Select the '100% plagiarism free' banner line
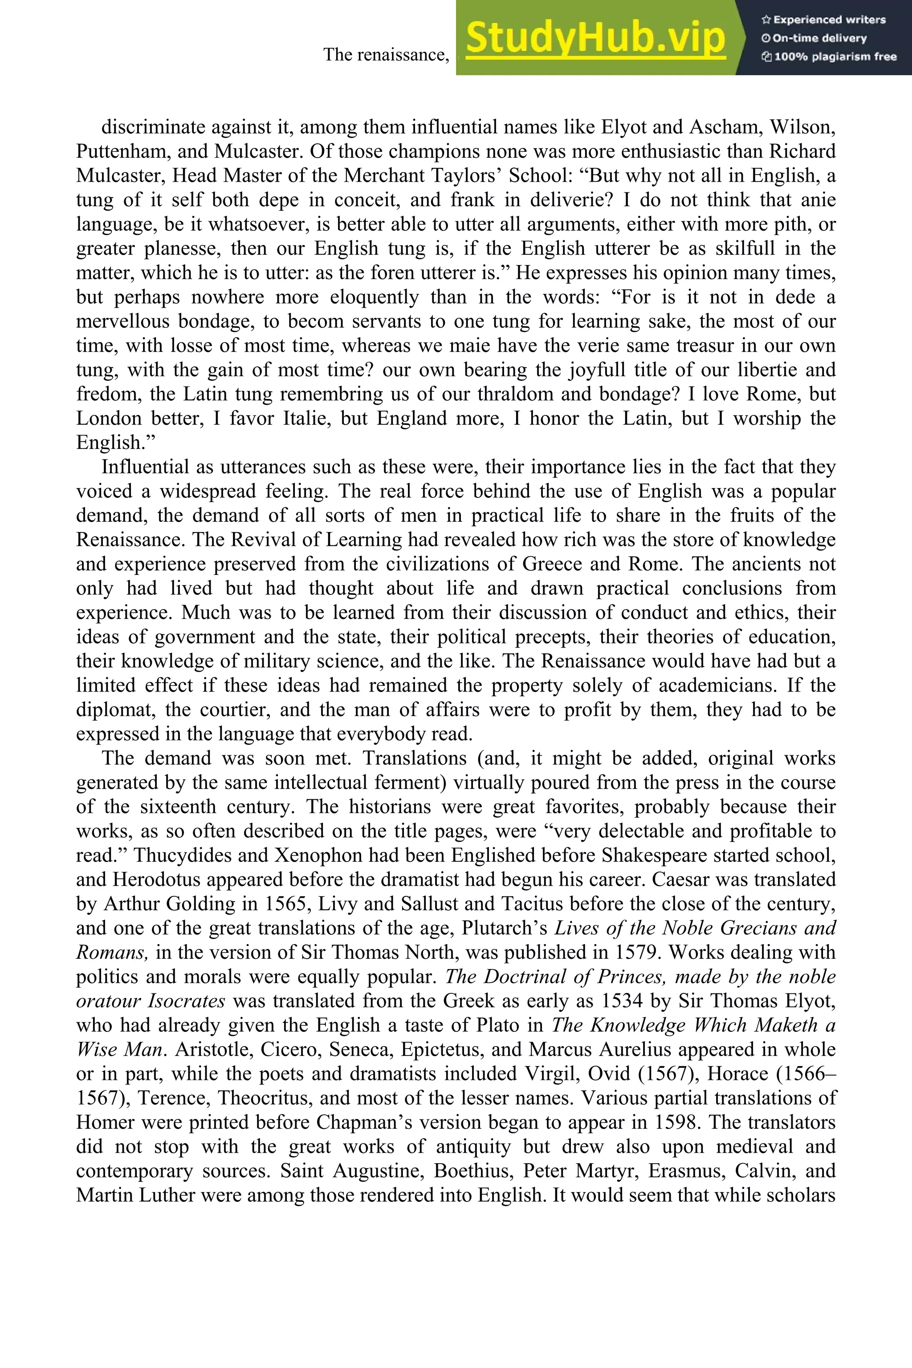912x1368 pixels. coord(828,57)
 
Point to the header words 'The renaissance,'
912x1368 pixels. coord(386,55)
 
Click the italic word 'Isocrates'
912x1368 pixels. coord(186,1001)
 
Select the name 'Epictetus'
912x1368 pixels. coord(442,1049)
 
